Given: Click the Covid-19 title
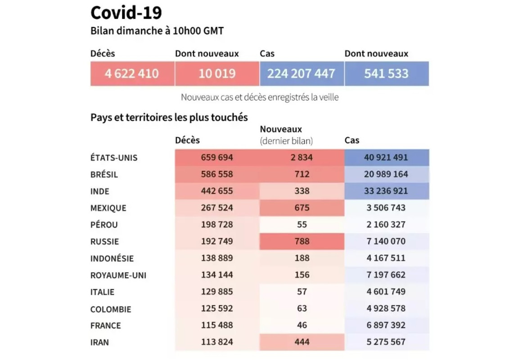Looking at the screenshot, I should click(x=126, y=13).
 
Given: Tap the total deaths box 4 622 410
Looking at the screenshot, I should click(x=132, y=73).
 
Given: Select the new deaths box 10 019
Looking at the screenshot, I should click(x=217, y=73).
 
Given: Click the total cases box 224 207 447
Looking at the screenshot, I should click(x=302, y=73).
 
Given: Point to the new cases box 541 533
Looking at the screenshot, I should click(x=386, y=73).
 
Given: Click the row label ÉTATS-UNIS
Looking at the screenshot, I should click(x=114, y=158).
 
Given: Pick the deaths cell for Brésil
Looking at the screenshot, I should click(x=217, y=174).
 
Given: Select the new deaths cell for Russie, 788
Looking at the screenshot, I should click(x=302, y=241).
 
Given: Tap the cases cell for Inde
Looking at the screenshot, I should click(x=387, y=191).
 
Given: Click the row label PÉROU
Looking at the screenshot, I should click(x=104, y=225).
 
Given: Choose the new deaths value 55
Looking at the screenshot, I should click(x=302, y=225).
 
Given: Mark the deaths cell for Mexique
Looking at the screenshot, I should click(x=217, y=208).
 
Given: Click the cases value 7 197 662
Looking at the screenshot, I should click(x=387, y=275).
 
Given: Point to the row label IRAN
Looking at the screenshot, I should click(x=99, y=342).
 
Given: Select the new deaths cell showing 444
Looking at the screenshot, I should click(x=302, y=342).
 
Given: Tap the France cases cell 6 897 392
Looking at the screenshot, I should click(x=387, y=325).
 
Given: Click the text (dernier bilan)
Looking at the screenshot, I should click(x=286, y=141).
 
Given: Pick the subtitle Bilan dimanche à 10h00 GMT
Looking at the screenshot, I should click(x=157, y=31).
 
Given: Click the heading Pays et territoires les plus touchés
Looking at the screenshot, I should click(x=169, y=117).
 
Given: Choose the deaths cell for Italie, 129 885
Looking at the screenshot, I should click(x=217, y=292).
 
